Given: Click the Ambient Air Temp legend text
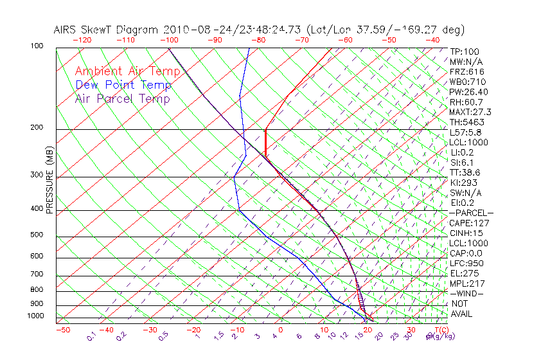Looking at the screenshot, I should (127, 71).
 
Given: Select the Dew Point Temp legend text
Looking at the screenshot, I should (123, 85).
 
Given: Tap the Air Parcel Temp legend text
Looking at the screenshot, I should (122, 98).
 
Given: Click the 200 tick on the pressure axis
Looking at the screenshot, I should (36, 128).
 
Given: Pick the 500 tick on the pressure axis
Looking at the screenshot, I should (36, 235).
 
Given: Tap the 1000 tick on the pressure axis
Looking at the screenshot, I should (35, 316).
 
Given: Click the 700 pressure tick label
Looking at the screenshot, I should (36, 274).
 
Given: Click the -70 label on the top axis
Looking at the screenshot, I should (301, 40).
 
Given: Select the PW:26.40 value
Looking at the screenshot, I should (468, 92).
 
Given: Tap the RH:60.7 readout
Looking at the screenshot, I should (466, 102).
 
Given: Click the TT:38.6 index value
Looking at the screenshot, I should (465, 172).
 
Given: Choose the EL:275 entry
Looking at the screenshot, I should (464, 273).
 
